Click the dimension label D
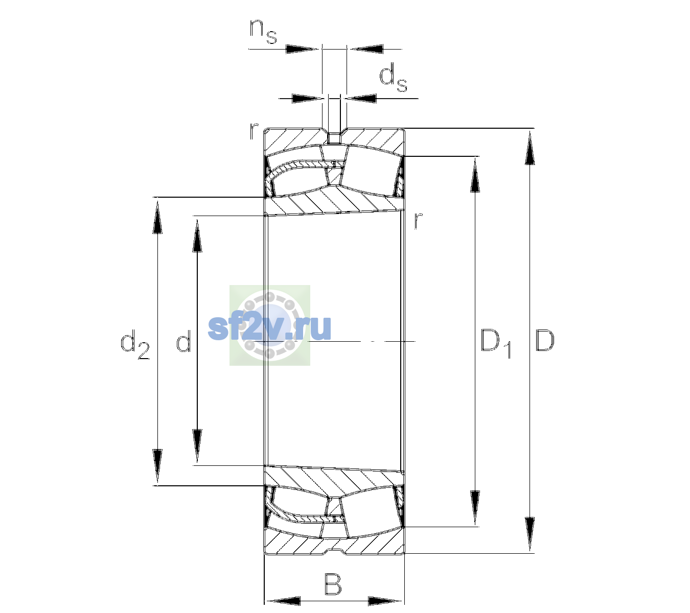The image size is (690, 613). click(x=544, y=340)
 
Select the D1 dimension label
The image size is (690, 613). click(x=496, y=343)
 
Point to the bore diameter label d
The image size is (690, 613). click(x=183, y=340)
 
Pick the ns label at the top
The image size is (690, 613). click(x=263, y=31)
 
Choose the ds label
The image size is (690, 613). click(x=393, y=78)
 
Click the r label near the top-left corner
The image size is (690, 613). click(x=254, y=131)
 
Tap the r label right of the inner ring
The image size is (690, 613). click(x=418, y=220)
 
